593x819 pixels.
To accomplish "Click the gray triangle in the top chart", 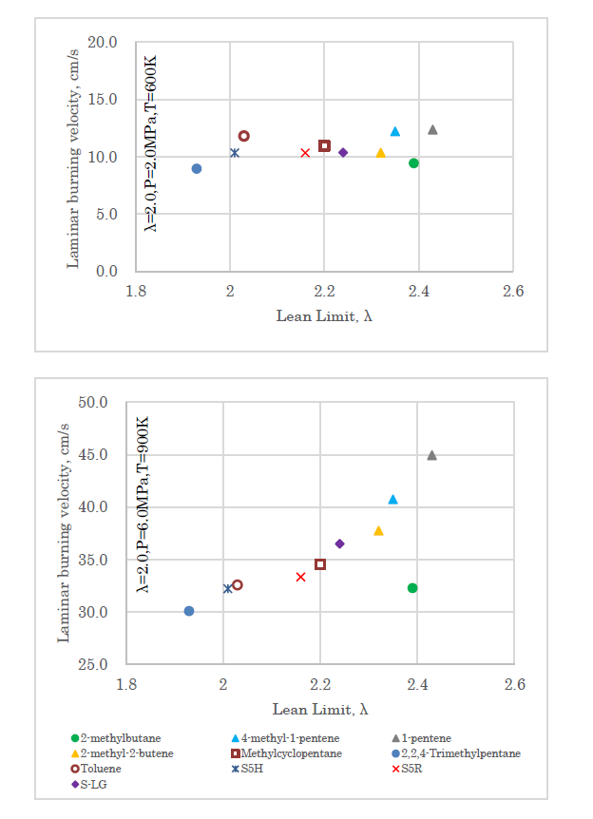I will (432, 129).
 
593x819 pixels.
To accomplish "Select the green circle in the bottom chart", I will (412, 588).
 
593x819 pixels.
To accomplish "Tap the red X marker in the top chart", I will (305, 153).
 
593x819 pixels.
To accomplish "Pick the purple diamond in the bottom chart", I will (339, 543).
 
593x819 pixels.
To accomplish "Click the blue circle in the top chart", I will (197, 169).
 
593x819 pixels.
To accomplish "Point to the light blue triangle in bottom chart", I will (392, 499).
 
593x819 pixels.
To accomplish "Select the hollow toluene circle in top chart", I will (244, 137).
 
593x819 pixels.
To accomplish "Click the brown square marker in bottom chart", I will (320, 564).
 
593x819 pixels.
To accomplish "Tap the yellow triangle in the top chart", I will (380, 153).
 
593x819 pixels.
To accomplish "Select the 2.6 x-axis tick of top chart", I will (513, 292).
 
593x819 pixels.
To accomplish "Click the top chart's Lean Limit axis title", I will (324, 315).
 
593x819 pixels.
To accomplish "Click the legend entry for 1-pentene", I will (425, 738).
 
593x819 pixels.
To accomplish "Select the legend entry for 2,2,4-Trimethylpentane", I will (460, 753).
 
